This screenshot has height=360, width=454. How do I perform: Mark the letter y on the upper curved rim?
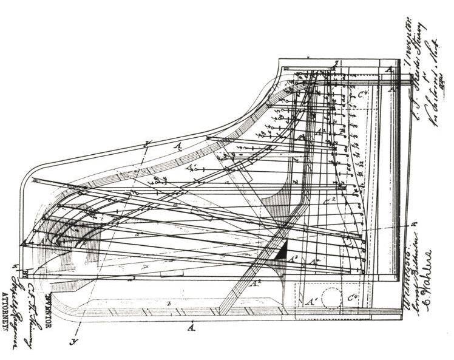pyautogui.click(x=148, y=143)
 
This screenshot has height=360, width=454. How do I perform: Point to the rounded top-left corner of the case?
pyautogui.click(x=30, y=176)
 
